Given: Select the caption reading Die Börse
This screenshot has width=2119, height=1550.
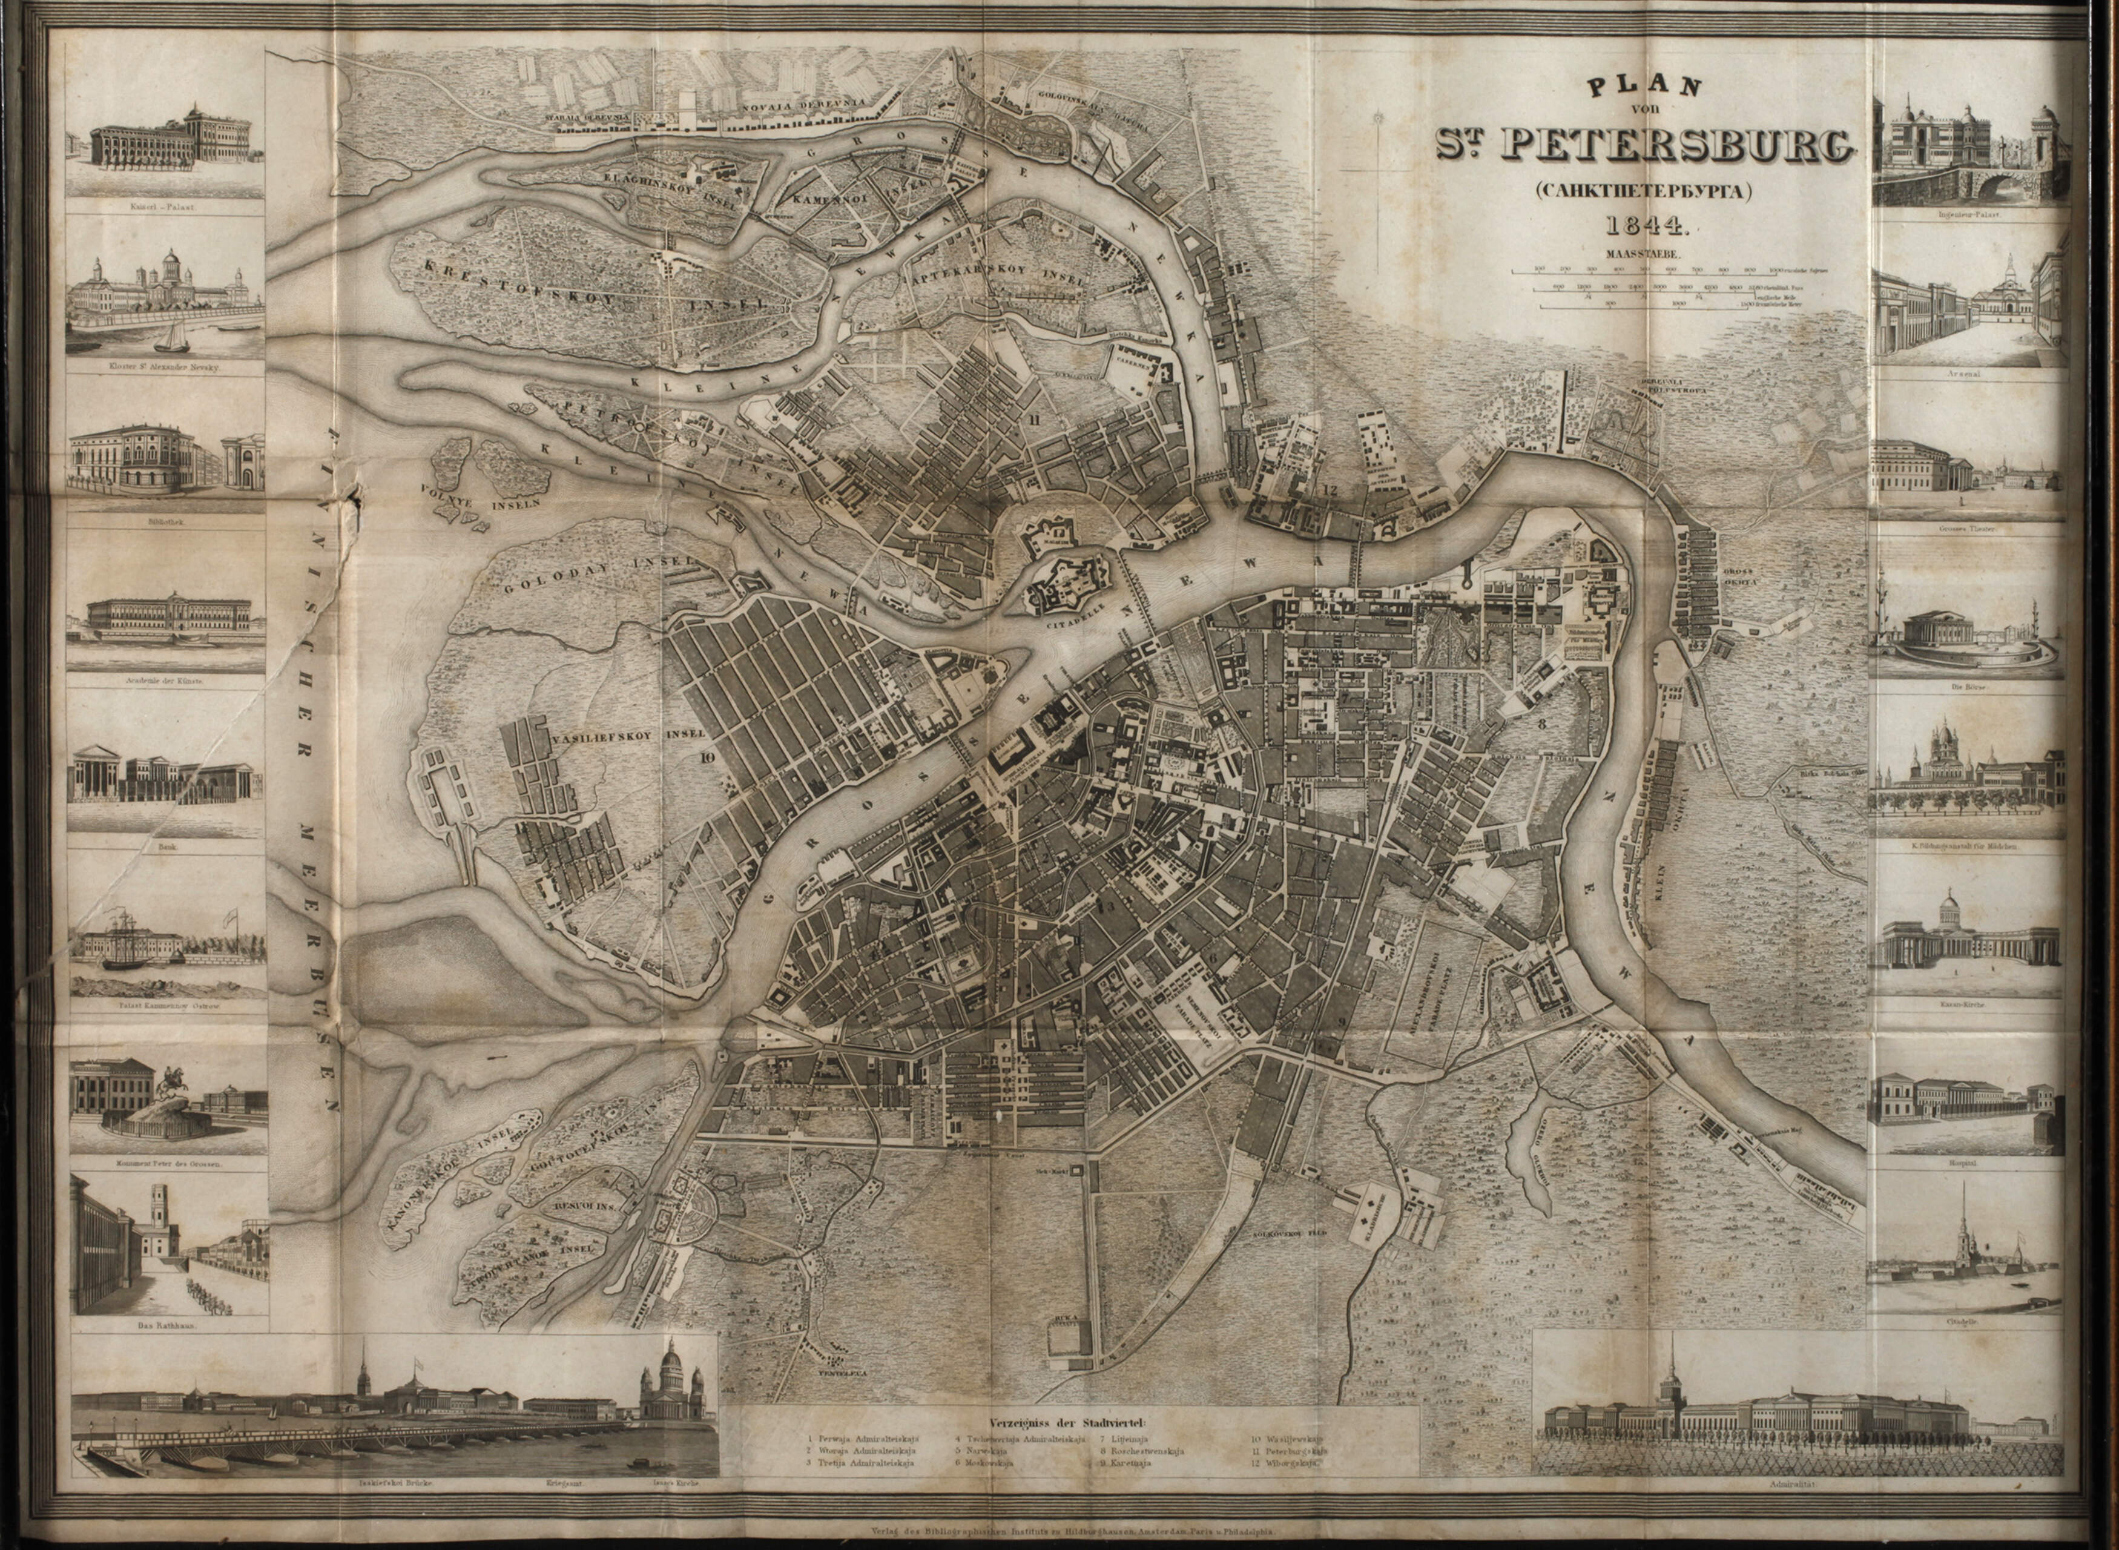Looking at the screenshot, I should coord(1968,687).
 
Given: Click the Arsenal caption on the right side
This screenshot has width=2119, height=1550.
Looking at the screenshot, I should coord(1968,374).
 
